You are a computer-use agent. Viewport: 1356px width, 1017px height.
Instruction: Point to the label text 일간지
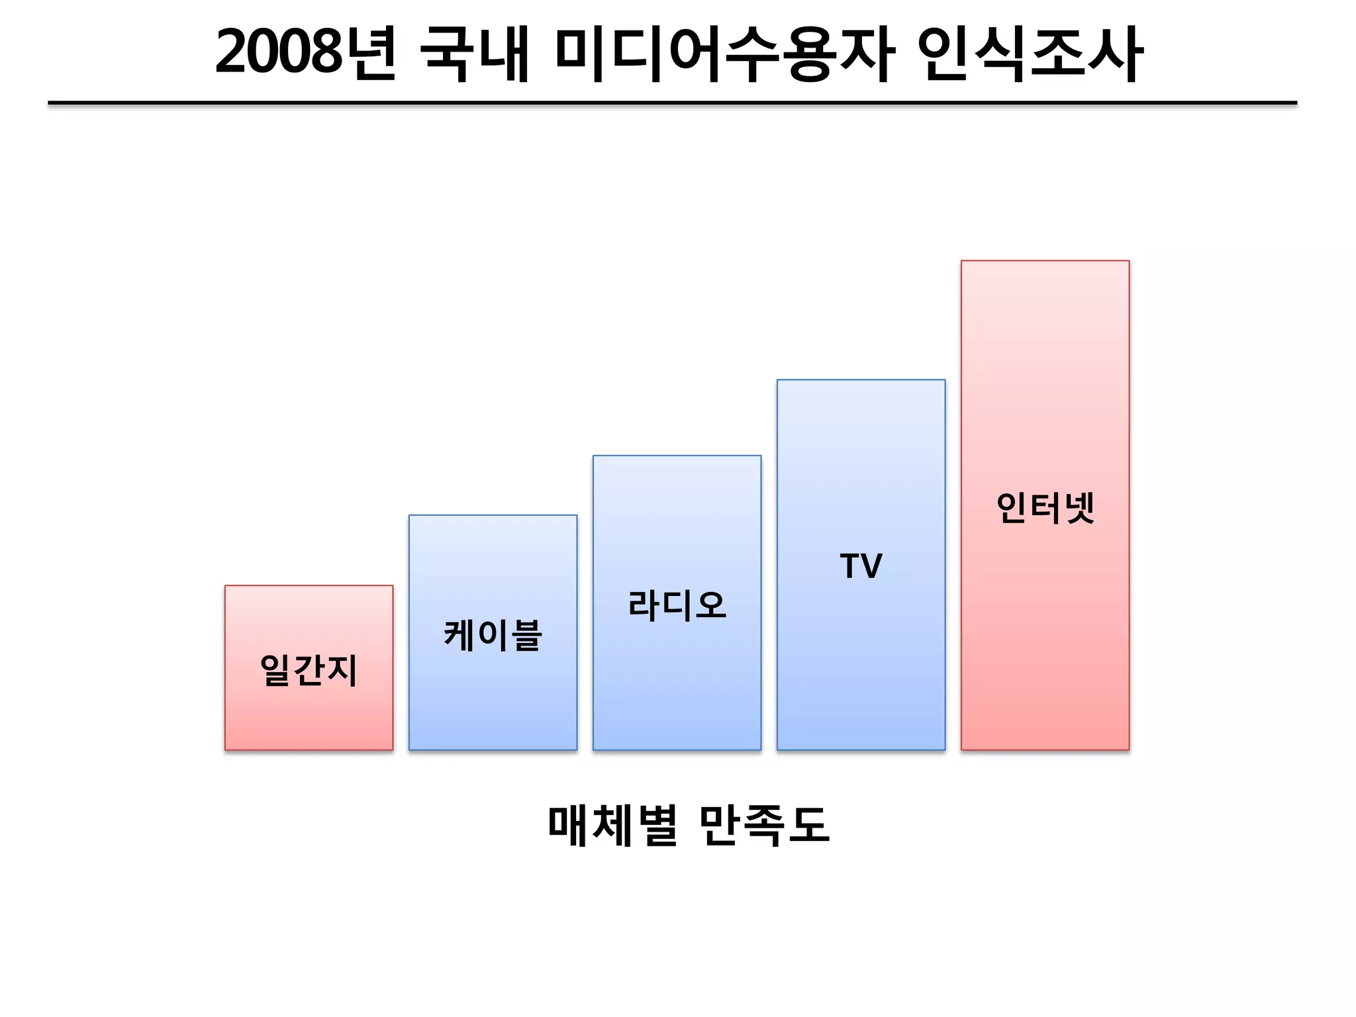tap(309, 670)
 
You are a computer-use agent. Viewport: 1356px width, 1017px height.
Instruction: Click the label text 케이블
tap(493, 635)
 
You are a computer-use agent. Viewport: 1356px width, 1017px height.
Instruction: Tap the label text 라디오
tap(677, 605)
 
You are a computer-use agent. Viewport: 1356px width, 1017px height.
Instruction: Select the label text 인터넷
tap(1045, 508)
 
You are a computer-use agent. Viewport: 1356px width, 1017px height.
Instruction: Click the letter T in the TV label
tap(850, 566)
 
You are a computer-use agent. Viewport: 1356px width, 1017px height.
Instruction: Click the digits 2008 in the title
tap(278, 53)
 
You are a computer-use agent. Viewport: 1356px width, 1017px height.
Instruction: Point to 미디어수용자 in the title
tap(725, 53)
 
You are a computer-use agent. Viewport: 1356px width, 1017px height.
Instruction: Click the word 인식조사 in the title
tap(1030, 53)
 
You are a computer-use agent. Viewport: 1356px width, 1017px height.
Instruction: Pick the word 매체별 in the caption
tap(612, 825)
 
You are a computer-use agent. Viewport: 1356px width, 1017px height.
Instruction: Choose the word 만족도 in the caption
tap(763, 825)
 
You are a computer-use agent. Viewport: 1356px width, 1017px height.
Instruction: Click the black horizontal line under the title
tap(672, 103)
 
